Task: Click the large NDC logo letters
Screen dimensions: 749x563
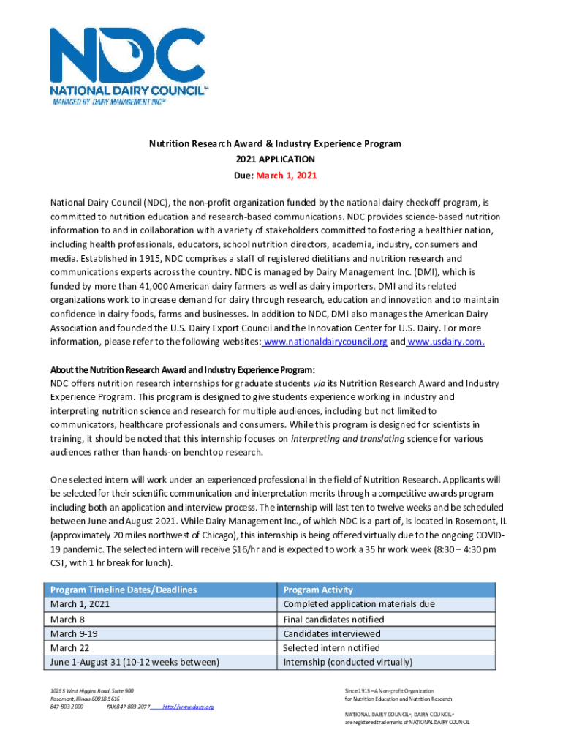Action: (x=117, y=56)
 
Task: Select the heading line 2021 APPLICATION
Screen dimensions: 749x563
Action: (x=275, y=159)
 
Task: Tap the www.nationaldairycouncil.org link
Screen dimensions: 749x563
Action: (x=325, y=342)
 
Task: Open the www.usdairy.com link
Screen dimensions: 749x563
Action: (x=446, y=342)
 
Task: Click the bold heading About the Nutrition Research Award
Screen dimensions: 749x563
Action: (x=183, y=369)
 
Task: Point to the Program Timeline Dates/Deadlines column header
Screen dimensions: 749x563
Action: (x=123, y=590)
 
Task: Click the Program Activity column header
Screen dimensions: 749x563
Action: (x=318, y=590)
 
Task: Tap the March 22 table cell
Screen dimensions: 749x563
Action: (x=69, y=648)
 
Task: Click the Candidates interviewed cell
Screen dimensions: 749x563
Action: (x=332, y=633)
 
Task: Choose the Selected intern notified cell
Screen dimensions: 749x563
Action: (x=331, y=648)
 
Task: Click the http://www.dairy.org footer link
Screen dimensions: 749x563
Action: (x=188, y=707)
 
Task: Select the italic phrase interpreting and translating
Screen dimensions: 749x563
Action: (x=347, y=439)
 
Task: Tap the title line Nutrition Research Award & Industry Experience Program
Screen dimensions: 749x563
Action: (x=275, y=143)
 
